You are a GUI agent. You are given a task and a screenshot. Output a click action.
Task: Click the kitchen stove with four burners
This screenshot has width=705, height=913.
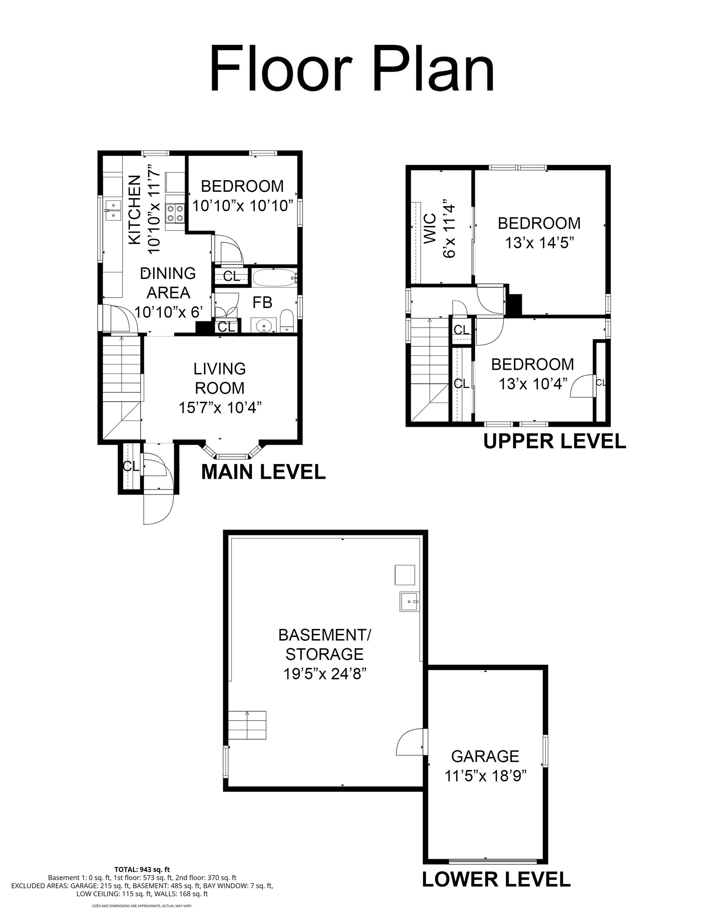click(x=175, y=212)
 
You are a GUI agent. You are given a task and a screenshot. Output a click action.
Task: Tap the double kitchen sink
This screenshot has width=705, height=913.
click(x=113, y=210)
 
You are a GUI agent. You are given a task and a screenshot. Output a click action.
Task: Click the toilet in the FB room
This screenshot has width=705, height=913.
click(x=287, y=321)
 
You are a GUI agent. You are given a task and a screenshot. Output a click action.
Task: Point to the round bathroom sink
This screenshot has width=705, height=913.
click(x=264, y=325)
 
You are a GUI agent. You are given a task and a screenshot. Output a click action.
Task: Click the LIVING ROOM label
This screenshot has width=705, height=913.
click(x=219, y=378)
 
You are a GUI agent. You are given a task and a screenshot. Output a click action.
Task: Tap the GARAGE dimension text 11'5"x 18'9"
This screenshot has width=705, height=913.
click(x=485, y=776)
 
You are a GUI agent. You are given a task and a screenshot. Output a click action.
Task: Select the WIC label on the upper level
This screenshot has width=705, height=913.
click(x=430, y=229)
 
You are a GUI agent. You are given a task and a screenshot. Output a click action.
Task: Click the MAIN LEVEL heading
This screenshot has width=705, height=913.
click(x=264, y=472)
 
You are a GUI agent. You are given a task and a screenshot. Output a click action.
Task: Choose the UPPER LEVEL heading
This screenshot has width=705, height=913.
click(x=554, y=441)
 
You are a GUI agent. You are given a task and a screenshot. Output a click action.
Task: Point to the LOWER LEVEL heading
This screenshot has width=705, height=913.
click(x=496, y=879)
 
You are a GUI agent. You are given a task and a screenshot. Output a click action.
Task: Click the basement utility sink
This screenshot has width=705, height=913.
click(x=410, y=602)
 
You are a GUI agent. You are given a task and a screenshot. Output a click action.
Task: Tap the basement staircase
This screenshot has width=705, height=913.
click(x=247, y=725)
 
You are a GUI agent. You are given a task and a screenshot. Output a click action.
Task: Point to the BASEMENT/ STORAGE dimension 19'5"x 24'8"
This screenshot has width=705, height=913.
click(x=325, y=674)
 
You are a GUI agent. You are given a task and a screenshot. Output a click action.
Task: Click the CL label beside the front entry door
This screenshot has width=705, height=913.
click(x=131, y=466)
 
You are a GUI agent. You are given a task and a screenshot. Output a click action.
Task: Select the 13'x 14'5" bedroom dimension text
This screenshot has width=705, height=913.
click(x=539, y=243)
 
